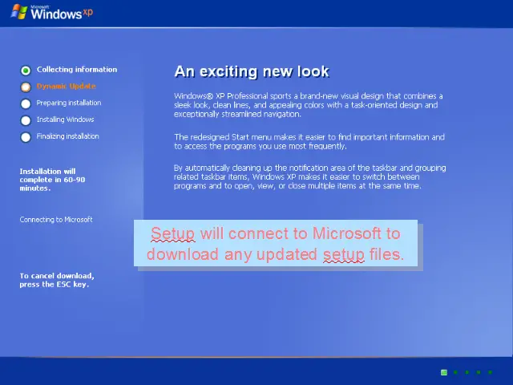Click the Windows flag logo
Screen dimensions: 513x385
coord(19,12)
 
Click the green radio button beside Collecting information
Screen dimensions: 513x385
coord(26,71)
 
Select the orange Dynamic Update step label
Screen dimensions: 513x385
coord(66,86)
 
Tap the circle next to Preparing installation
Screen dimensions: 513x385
coord(26,103)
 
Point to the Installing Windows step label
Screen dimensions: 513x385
coord(65,120)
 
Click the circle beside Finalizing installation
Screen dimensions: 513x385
coord(26,137)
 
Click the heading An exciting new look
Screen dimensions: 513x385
coord(252,71)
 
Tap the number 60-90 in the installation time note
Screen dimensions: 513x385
coord(75,180)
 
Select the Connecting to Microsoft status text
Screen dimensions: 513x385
coord(56,220)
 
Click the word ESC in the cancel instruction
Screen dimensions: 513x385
coord(64,285)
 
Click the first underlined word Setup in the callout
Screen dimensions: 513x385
coord(173,234)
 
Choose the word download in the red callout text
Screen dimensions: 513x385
coord(183,254)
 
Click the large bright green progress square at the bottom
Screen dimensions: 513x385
coord(444,372)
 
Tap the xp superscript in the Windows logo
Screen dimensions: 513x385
coord(87,12)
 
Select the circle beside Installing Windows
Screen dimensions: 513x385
coord(26,120)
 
